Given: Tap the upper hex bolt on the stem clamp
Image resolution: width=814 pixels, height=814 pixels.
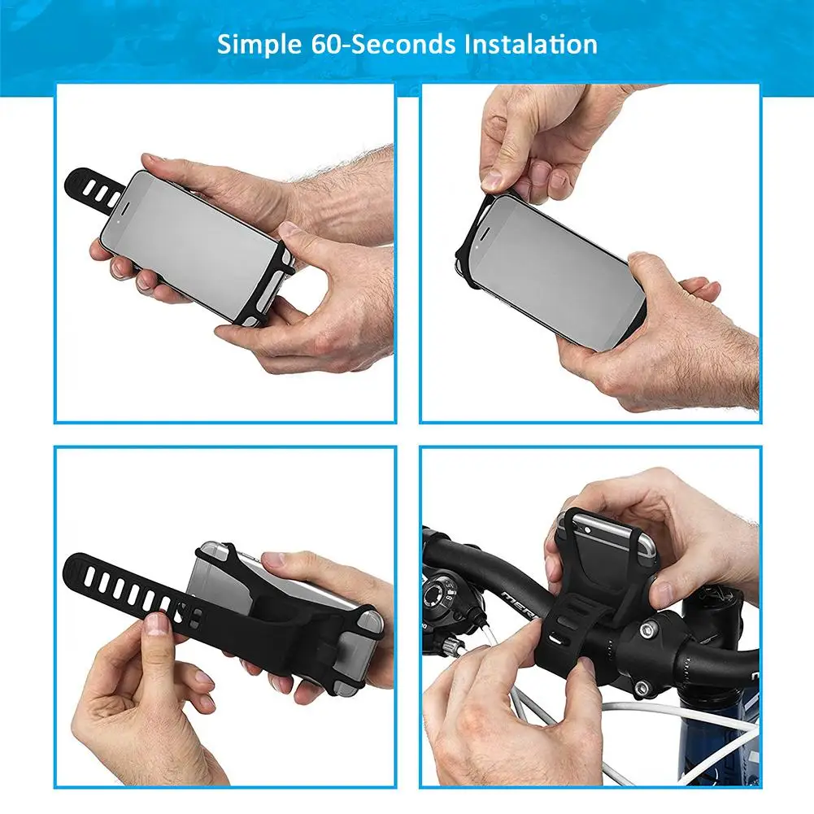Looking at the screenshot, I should (649, 629).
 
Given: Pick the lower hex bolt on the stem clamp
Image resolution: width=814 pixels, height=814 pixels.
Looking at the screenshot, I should (642, 689).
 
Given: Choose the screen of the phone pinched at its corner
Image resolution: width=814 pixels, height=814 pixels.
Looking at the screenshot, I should (553, 272).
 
